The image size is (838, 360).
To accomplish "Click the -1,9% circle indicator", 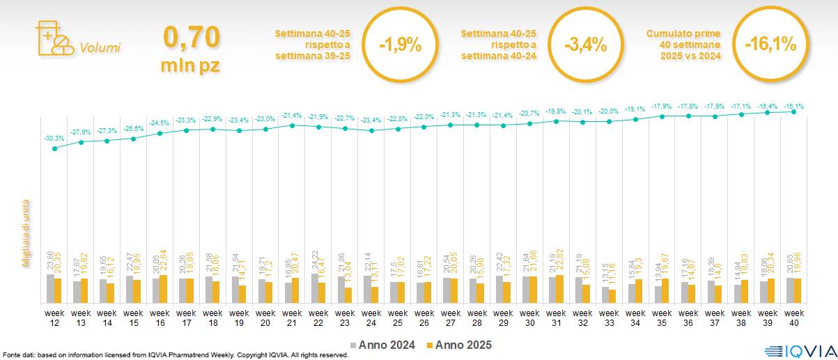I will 400,45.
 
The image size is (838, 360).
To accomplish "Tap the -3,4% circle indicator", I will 585,45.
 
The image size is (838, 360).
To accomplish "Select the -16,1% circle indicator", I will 770,45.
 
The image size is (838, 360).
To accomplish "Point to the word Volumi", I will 100,48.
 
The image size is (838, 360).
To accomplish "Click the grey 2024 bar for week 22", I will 314,288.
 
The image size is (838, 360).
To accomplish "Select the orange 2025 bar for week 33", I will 612,297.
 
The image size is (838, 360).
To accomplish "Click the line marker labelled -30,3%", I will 55,148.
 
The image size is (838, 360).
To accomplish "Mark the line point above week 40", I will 794,111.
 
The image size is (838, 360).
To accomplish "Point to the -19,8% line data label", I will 556,111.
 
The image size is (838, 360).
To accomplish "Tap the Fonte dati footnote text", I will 175,355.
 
